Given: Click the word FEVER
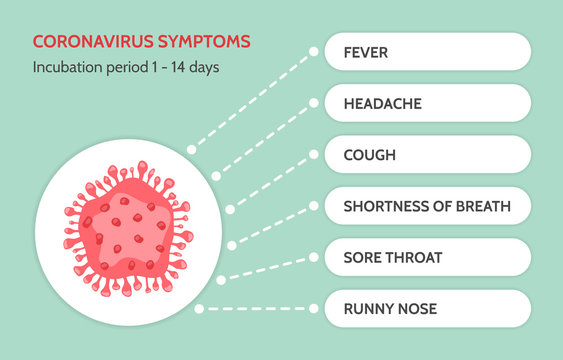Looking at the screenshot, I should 366,51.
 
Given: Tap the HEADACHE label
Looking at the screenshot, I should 382,103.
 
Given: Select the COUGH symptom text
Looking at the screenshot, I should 370,155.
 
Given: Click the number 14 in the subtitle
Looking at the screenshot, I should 181,68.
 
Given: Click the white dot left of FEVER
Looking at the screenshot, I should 313,51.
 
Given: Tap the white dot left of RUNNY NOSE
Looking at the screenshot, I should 313,309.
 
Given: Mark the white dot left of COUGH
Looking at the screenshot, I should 313,155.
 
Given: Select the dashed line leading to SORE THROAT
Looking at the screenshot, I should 265,269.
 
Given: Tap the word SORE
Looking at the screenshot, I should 362,258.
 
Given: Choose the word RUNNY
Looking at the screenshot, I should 367,309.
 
